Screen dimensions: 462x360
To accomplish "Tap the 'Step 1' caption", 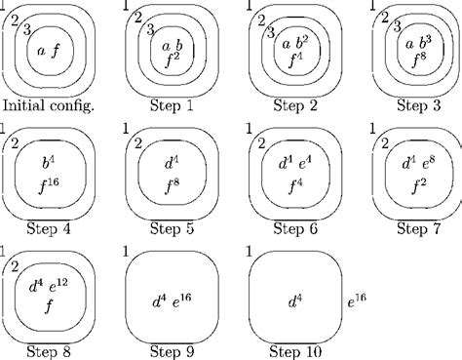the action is [173, 106].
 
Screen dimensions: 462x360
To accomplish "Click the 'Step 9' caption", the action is [172, 350].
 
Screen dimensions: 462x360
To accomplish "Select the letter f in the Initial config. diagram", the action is [57, 49].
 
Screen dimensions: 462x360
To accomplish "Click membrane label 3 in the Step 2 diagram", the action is [269, 33].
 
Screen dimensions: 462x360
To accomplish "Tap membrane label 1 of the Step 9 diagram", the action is [128, 252].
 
